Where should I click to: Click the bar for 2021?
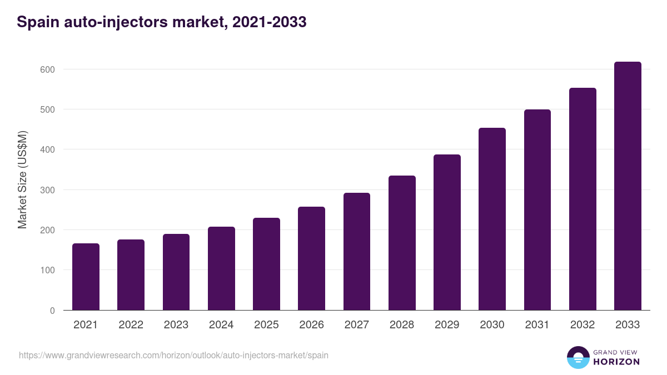coord(86,277)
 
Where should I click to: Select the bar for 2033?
coord(628,186)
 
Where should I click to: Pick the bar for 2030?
coord(492,219)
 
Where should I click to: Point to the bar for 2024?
coord(221,268)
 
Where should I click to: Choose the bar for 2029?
coord(447,232)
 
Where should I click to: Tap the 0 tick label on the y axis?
coord(52,311)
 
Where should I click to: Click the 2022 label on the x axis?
coord(131,325)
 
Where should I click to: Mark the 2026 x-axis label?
coord(311,325)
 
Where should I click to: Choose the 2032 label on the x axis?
coord(583,325)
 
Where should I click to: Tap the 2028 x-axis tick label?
coord(402,325)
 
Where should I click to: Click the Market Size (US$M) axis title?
coord(22,179)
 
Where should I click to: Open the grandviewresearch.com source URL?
coord(173,355)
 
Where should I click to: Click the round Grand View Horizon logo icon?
coord(578,357)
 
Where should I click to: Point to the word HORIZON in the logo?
coord(616,362)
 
